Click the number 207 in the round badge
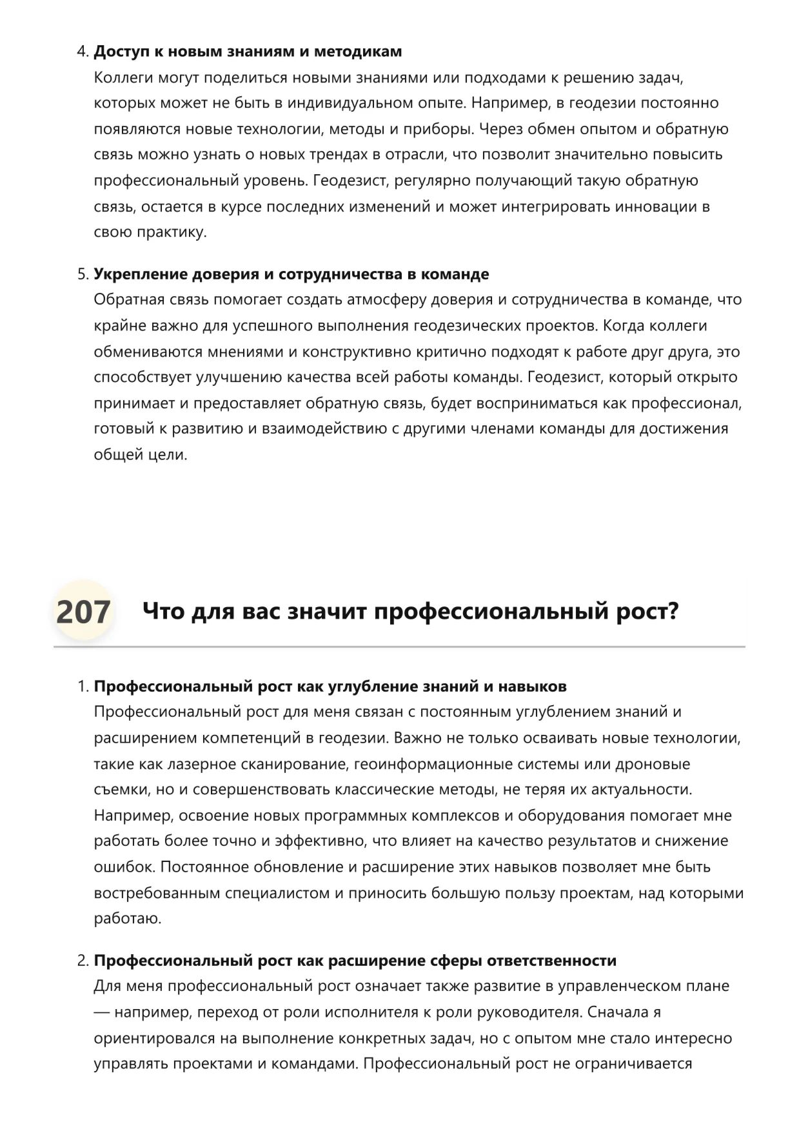click(83, 612)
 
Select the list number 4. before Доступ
click(83, 52)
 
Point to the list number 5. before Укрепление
click(83, 274)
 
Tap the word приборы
click(439, 129)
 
